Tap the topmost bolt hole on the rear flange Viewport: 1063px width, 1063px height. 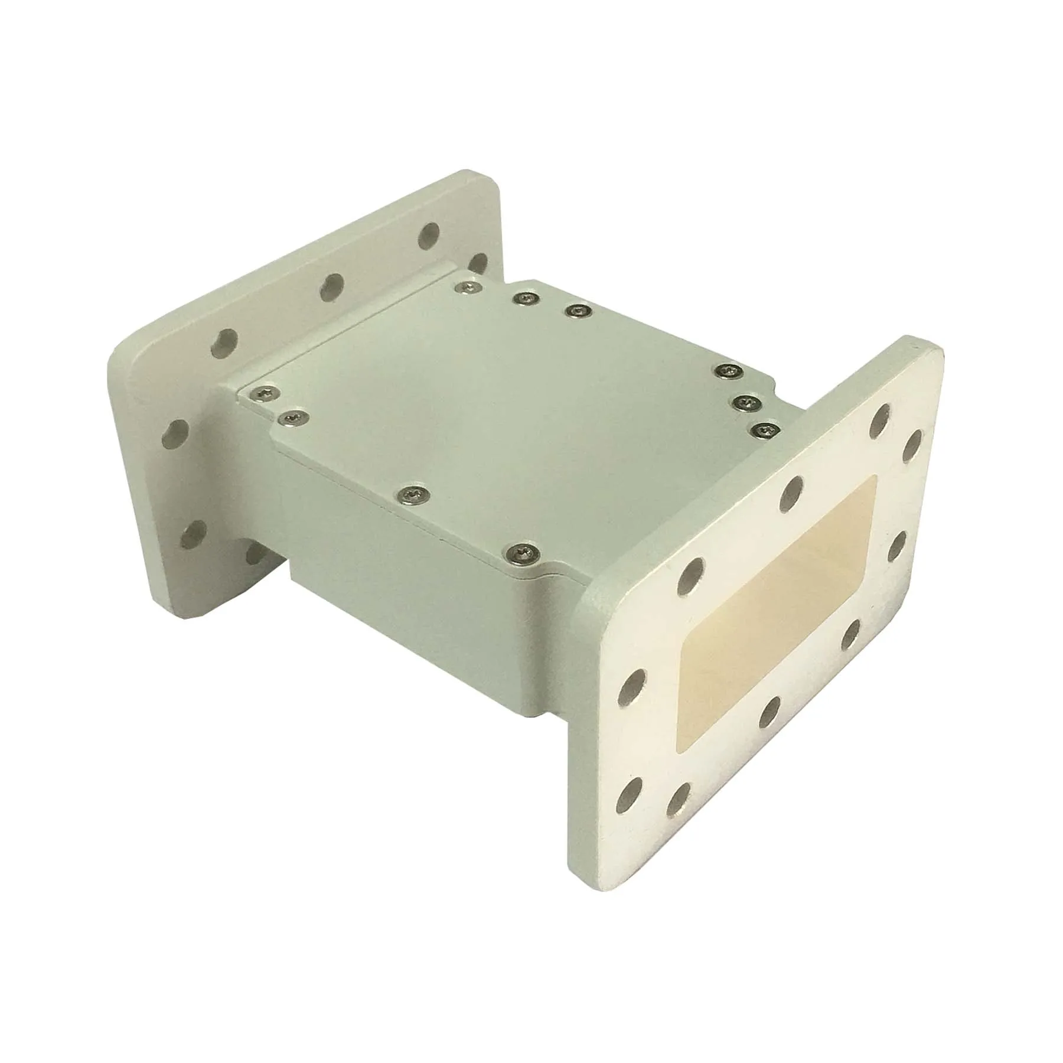pos(429,235)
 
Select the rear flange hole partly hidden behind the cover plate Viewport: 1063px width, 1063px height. pos(477,263)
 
